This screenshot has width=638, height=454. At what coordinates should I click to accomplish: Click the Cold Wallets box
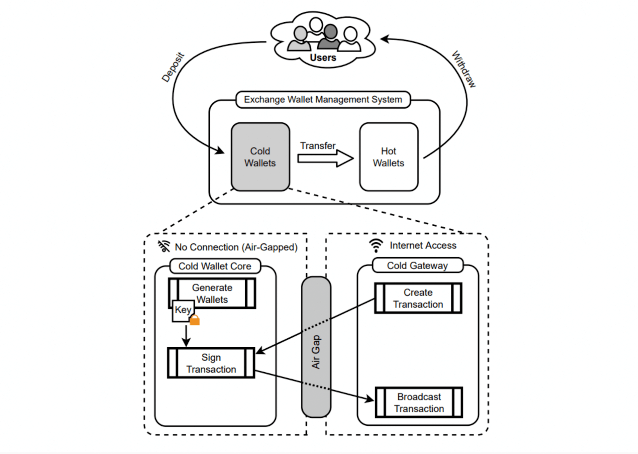coord(260,157)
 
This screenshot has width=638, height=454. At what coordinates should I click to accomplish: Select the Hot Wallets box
coord(389,157)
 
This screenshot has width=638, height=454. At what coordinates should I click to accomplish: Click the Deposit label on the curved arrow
coord(173,67)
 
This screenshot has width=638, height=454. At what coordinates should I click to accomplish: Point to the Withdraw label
coord(464,69)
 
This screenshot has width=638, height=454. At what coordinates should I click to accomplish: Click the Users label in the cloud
coord(323,58)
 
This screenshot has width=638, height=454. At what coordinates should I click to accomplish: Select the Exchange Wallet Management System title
coord(323,99)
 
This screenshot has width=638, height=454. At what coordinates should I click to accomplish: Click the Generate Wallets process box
coord(212,293)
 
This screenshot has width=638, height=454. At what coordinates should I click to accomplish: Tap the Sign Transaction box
coord(211,363)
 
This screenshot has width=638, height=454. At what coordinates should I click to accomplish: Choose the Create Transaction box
coord(418,298)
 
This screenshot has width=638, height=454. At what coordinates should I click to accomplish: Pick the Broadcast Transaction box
coord(419,403)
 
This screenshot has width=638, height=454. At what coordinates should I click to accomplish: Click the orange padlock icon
coord(195,320)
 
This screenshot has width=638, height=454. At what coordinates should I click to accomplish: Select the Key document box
coord(183,310)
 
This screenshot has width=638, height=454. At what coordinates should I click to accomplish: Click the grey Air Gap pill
coord(316,347)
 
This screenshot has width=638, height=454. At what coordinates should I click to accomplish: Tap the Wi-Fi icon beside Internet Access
coord(376,245)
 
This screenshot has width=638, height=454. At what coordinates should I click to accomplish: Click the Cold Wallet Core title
coord(215,266)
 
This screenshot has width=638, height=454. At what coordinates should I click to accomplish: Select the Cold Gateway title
coord(417,265)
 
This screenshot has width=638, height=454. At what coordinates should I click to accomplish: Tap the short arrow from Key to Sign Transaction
coord(186,336)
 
